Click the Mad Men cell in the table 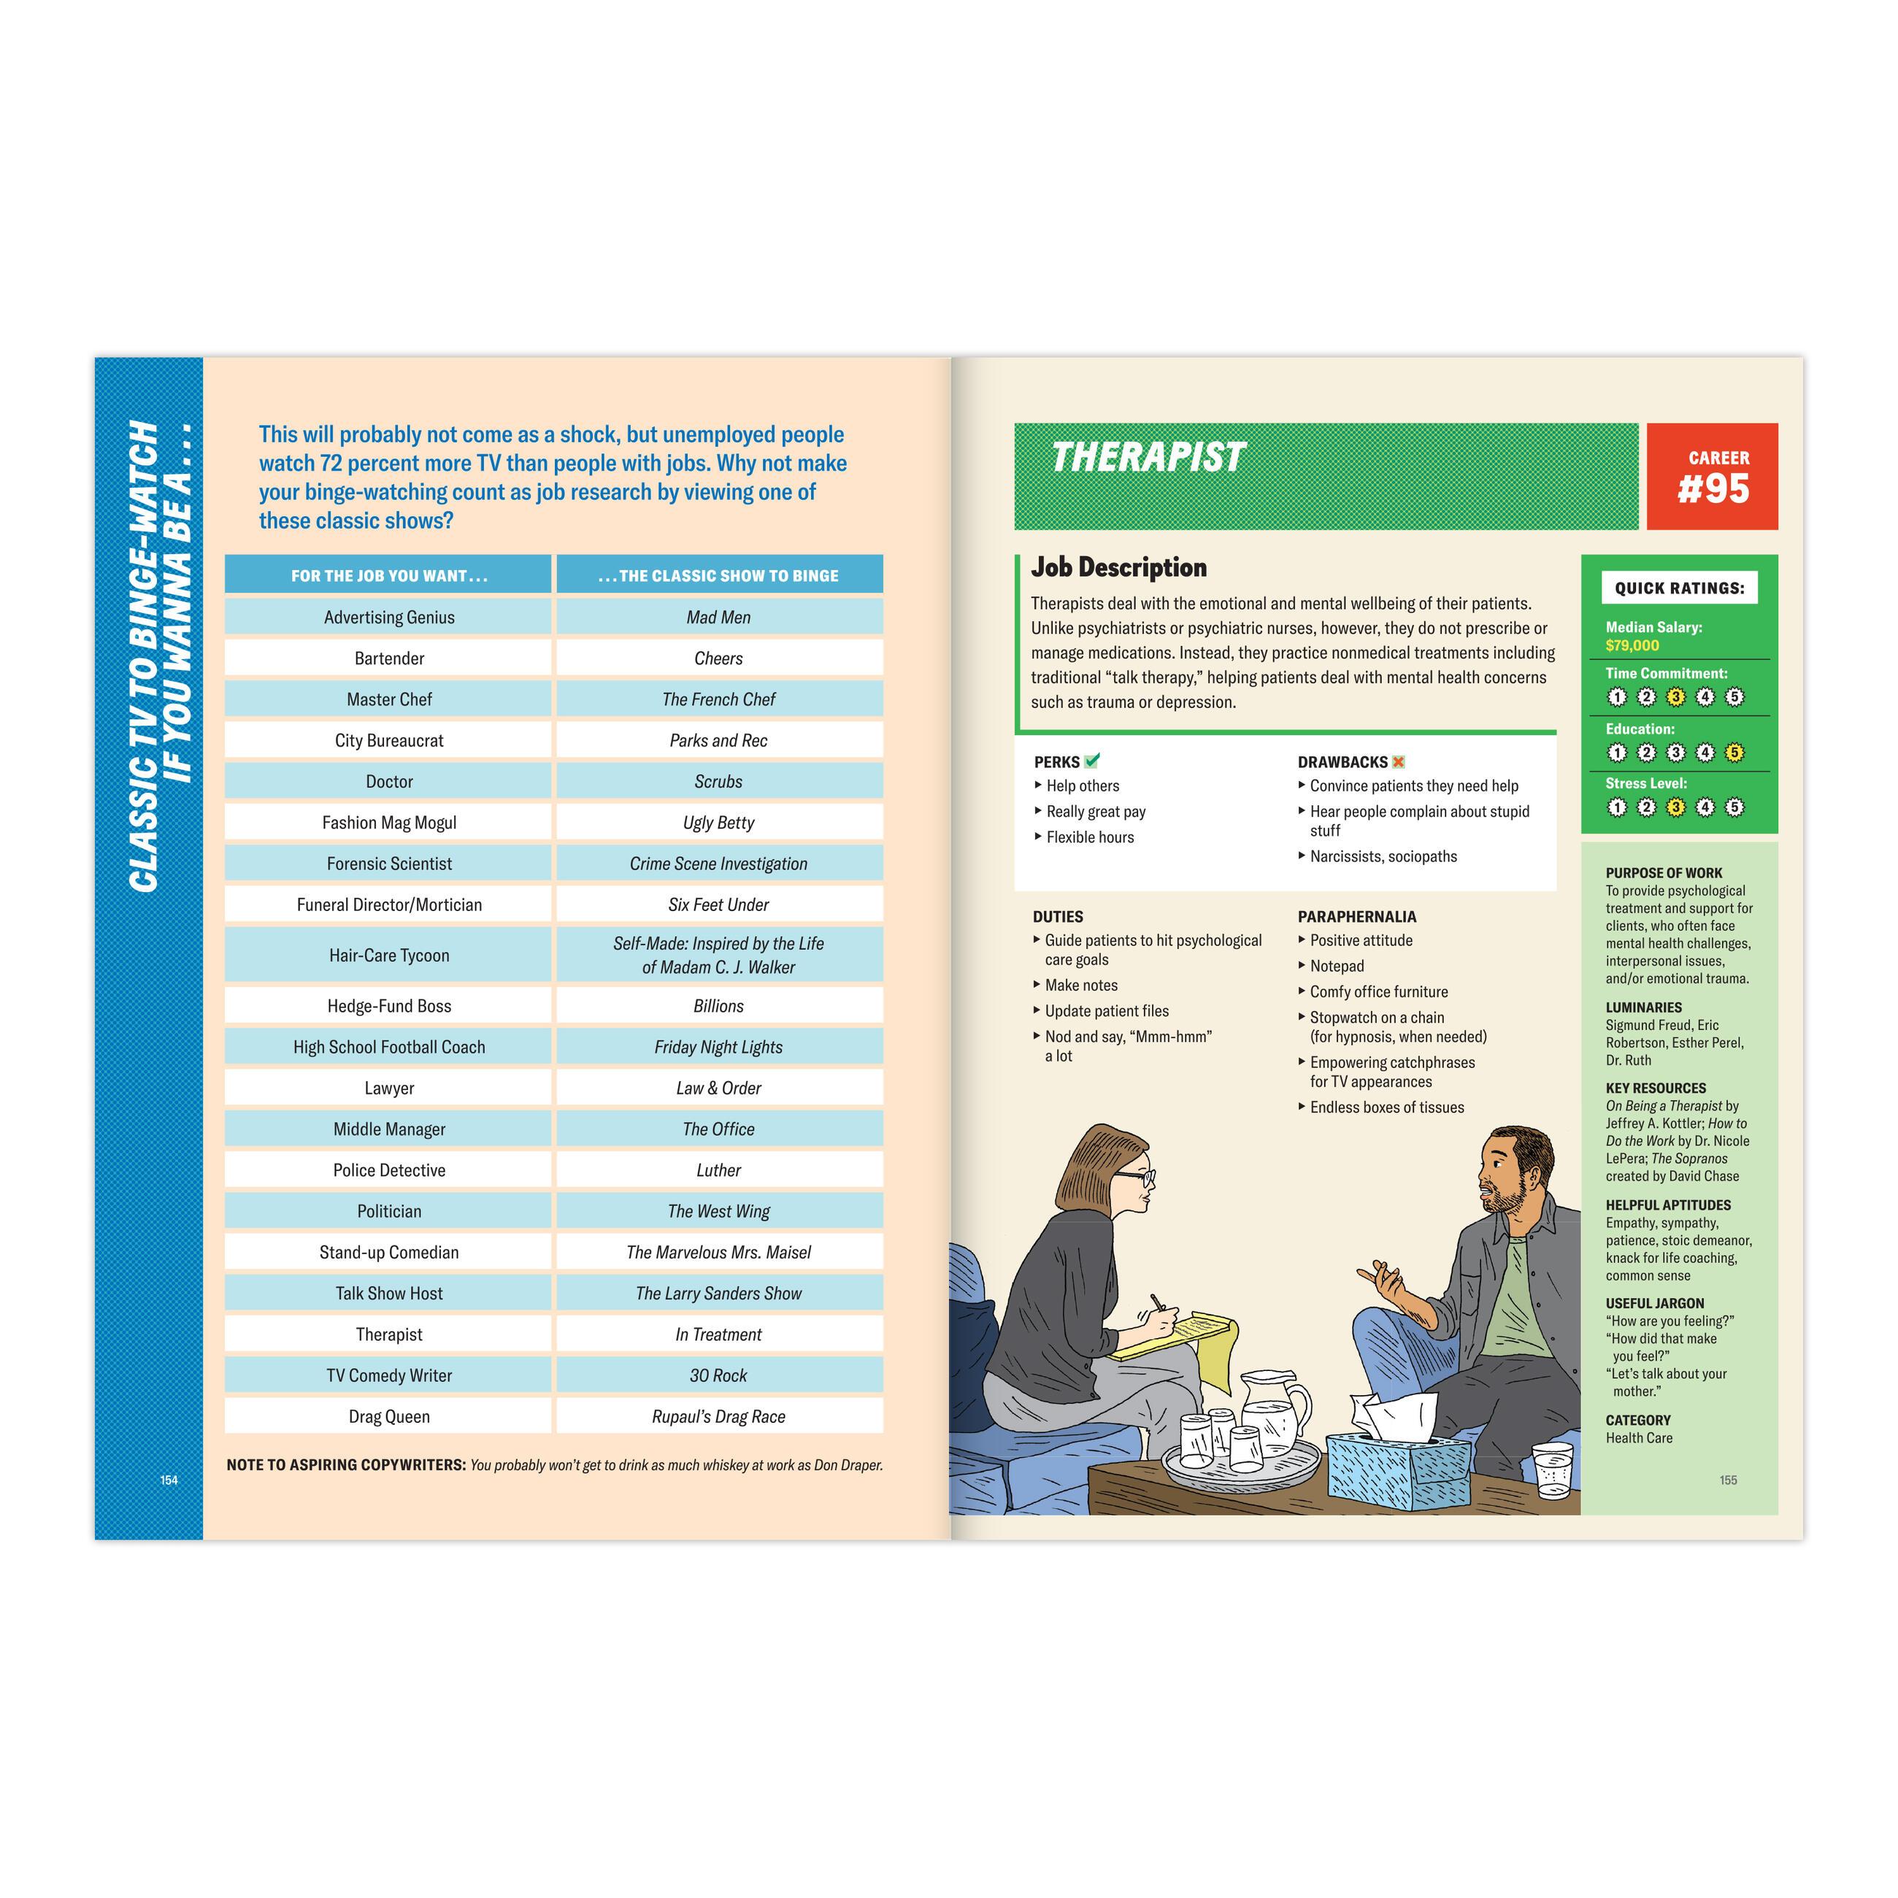click(x=718, y=617)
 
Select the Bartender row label click(x=389, y=658)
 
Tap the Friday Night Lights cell click(x=718, y=1048)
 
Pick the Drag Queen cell click(x=389, y=1417)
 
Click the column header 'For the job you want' click(x=389, y=576)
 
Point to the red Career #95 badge click(x=1713, y=477)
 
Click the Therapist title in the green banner click(x=1148, y=458)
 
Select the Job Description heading click(x=1118, y=567)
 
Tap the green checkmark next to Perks click(x=1092, y=761)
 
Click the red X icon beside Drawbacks click(x=1399, y=761)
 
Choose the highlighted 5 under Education click(x=1735, y=753)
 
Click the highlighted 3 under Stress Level click(x=1676, y=807)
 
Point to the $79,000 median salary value click(x=1632, y=645)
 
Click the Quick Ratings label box click(x=1679, y=588)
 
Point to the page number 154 click(x=169, y=1480)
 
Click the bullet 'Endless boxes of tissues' click(x=1386, y=1107)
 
